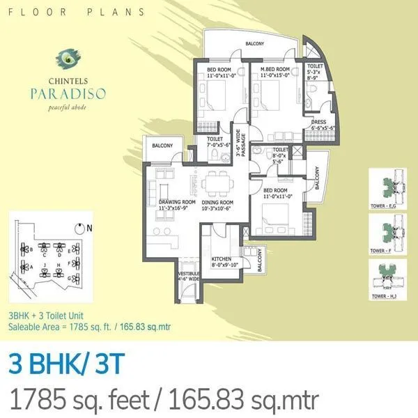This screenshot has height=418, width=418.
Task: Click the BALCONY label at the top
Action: click(254, 44)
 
